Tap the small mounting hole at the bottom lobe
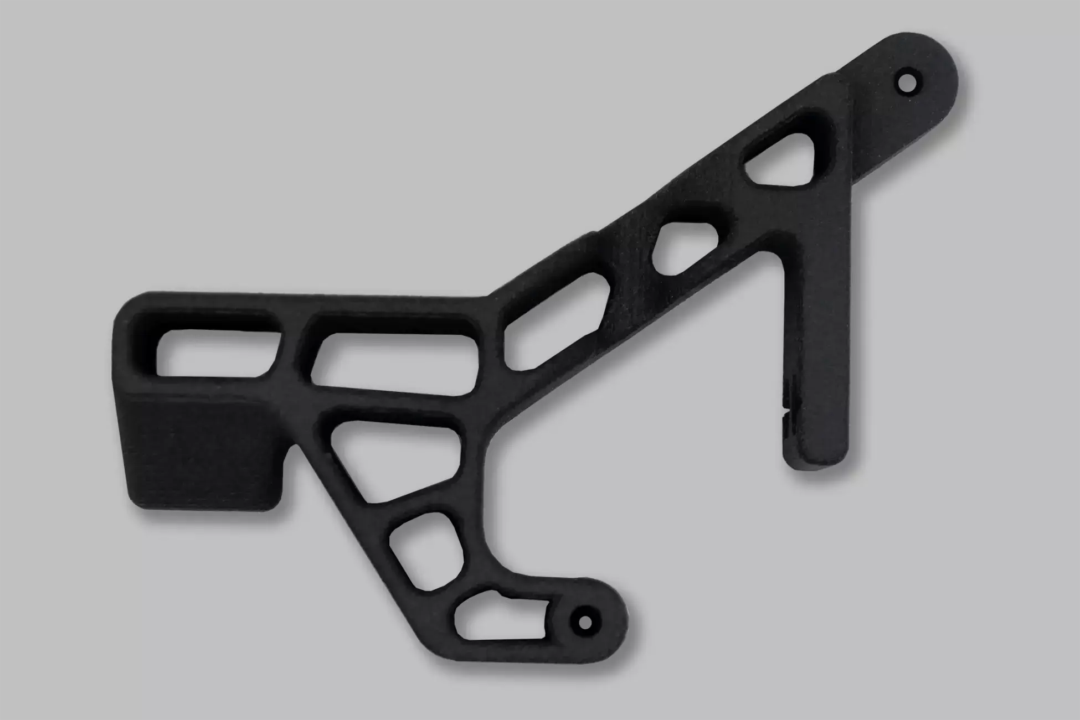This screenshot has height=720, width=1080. [584, 622]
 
